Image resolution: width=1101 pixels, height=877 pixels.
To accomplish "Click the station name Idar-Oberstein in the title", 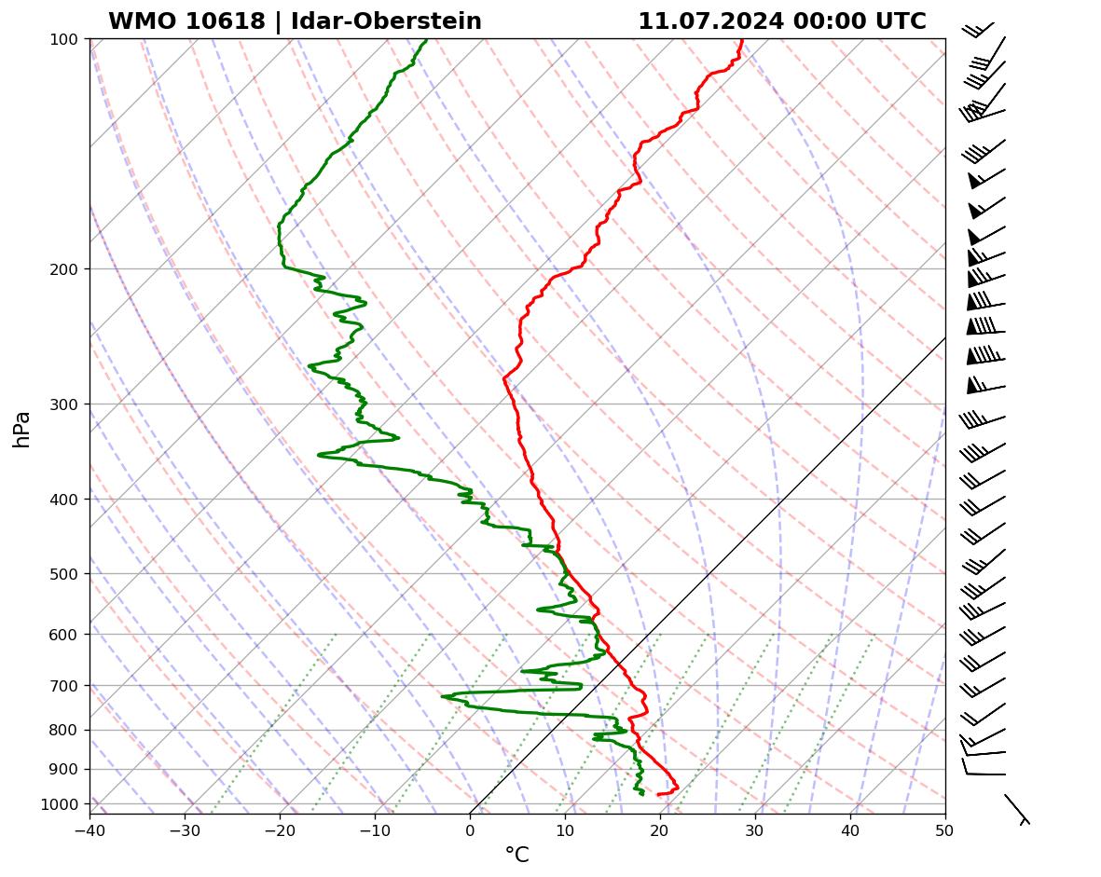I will click(x=386, y=21).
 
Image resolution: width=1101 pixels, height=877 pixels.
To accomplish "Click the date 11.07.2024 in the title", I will click(x=710, y=21).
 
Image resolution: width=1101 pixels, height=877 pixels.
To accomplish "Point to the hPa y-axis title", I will click(x=21, y=430).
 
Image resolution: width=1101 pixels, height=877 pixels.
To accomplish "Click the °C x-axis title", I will click(x=516, y=855).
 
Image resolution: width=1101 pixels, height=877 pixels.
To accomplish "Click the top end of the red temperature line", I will click(x=742, y=40).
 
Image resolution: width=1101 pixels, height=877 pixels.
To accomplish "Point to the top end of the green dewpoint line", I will click(x=426, y=40).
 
